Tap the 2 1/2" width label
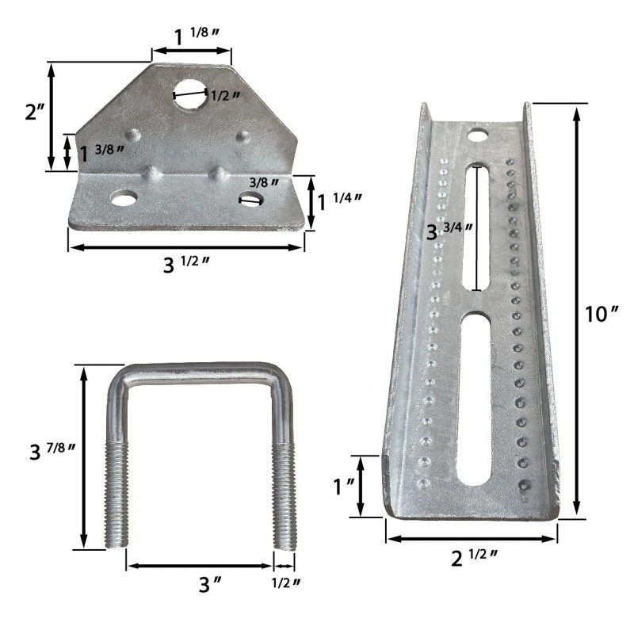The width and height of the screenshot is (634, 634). click(x=474, y=558)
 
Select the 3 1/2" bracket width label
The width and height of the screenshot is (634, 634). click(x=186, y=264)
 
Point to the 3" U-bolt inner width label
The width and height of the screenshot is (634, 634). click(x=209, y=585)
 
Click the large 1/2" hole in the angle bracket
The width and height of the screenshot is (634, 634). click(x=190, y=94)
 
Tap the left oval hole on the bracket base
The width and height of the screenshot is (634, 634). click(x=123, y=198)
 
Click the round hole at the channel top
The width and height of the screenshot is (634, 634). click(x=477, y=135)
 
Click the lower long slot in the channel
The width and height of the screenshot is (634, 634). click(x=476, y=396)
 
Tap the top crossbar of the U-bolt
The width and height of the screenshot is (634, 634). click(x=198, y=372)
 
